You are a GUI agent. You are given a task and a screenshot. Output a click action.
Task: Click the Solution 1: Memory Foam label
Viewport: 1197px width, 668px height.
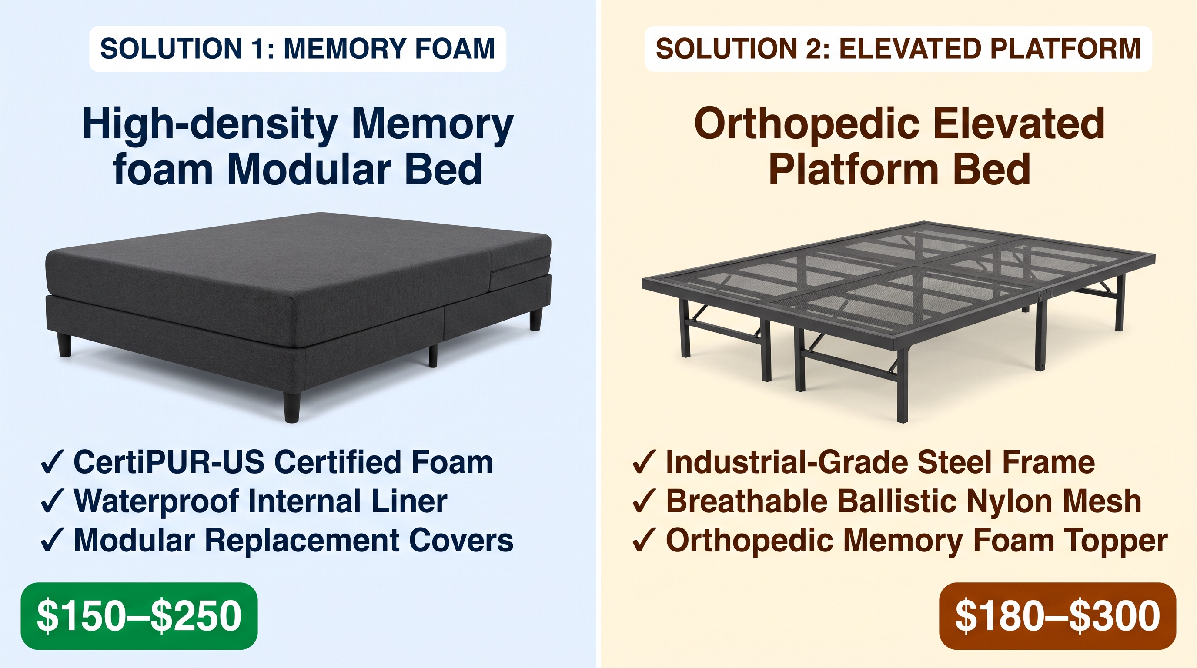tap(298, 49)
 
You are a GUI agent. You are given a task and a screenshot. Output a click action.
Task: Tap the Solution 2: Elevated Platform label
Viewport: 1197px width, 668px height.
tap(898, 49)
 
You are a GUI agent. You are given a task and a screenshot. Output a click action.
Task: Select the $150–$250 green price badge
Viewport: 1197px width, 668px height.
tap(139, 616)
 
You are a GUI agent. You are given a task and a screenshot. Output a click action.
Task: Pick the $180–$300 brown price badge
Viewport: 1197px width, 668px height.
tap(1058, 616)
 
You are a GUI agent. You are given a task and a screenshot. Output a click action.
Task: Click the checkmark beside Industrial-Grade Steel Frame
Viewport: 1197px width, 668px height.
tap(644, 463)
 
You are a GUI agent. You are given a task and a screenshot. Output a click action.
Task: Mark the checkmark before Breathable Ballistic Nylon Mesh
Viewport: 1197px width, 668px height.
tap(644, 502)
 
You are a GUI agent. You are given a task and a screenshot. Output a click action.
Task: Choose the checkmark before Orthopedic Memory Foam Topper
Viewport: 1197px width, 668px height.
tap(644, 541)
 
